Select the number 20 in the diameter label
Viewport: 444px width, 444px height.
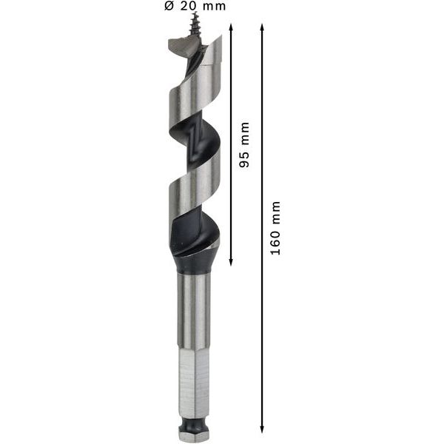189,7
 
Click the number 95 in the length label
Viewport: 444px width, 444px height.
245,157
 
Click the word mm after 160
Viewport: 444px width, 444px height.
276,210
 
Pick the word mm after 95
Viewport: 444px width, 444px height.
245,132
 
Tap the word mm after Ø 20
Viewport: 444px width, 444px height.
215,7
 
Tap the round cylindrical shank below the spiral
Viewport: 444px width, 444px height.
193,311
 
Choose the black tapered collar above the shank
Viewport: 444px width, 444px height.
194,263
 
